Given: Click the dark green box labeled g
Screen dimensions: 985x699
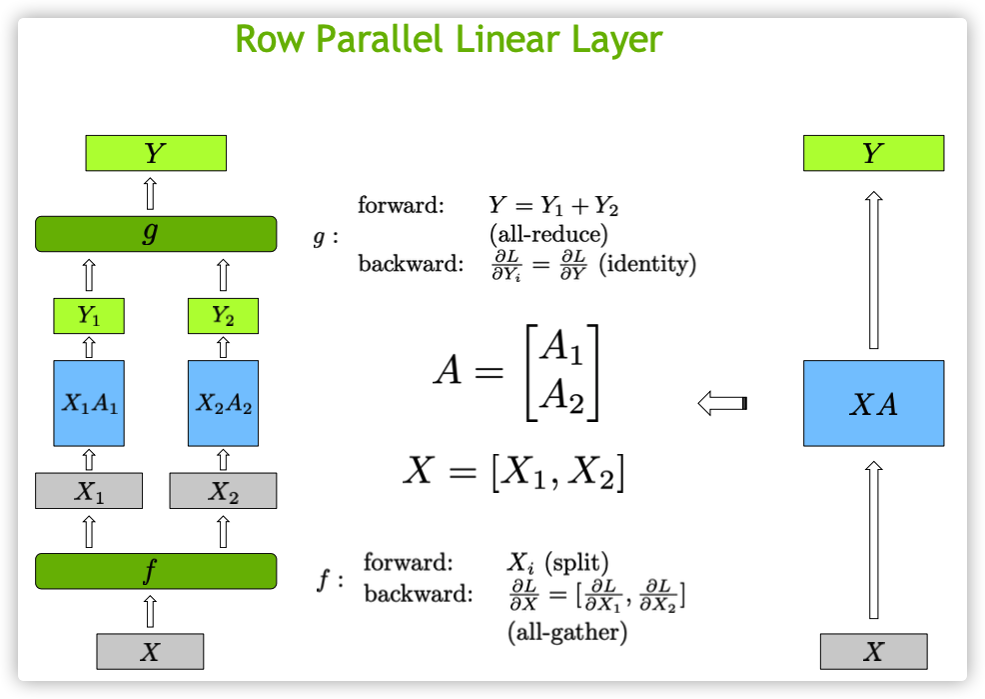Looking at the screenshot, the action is coord(156,234).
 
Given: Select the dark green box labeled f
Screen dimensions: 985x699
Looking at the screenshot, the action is coord(156,571).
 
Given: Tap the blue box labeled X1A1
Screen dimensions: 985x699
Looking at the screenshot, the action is coord(89,404).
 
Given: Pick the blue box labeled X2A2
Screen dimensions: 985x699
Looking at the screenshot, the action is coord(223,404).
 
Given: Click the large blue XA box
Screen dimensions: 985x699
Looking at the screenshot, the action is coord(874,404).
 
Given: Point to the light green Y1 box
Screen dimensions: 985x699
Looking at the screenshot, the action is coord(89,316).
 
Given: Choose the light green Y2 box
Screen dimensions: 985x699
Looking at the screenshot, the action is coord(223,316).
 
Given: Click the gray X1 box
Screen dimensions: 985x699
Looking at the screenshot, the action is coord(89,491).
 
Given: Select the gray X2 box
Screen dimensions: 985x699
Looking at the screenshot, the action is coord(223,491).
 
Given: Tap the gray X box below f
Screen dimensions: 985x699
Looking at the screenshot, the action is coord(150,652).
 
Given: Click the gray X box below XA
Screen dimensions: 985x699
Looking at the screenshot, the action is coord(874,652).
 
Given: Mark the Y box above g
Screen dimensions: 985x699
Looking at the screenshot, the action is coord(156,153).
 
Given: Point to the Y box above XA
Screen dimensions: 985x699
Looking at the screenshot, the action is coord(874,153).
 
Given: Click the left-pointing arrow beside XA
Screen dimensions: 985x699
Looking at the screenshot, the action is coord(722,403).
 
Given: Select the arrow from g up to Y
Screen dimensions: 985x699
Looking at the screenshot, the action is coord(150,194).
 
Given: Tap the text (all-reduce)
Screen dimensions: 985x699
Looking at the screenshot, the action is coord(548,234).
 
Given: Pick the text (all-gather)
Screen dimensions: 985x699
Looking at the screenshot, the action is coord(567,632).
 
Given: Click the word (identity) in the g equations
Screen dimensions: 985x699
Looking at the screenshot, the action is coord(647,264).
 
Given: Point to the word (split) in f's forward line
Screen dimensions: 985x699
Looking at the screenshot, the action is coord(576,562).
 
